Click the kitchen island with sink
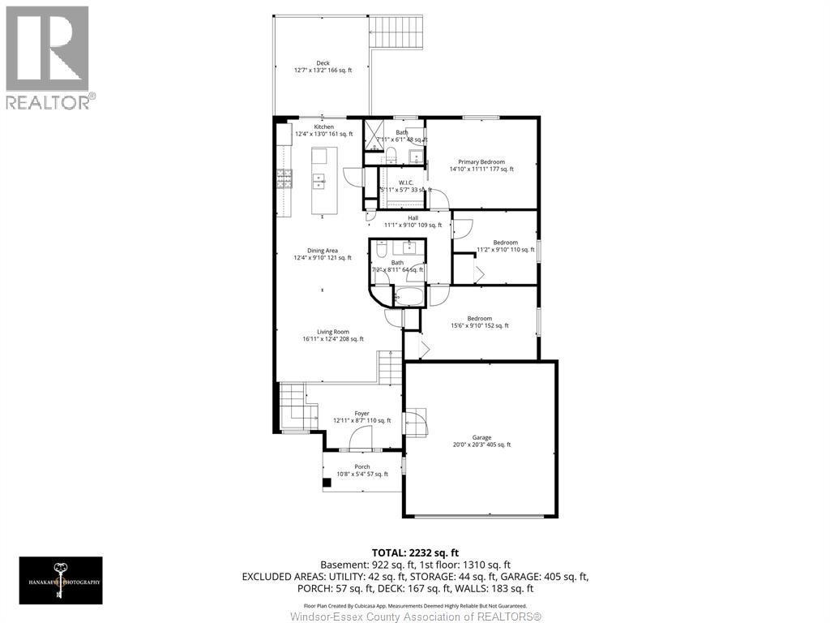319,181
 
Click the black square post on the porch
327,483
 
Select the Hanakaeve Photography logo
62,579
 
